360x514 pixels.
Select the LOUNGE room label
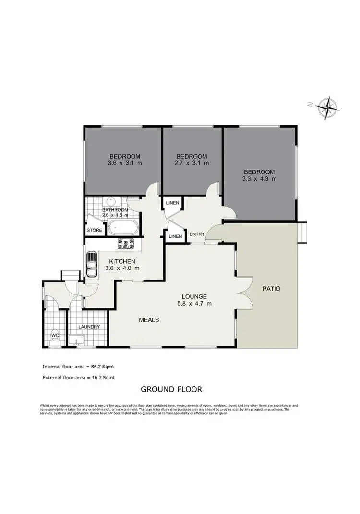[x=194, y=296]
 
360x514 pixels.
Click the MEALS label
[x=149, y=319]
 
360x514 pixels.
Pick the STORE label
[x=94, y=231]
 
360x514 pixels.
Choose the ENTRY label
[x=197, y=234]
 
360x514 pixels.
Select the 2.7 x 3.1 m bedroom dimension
[x=192, y=163]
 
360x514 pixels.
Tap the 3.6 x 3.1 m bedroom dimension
[x=125, y=163]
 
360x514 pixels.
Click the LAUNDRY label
[x=89, y=327]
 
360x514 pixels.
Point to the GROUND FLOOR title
[x=171, y=389]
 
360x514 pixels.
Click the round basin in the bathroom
[x=110, y=202]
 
